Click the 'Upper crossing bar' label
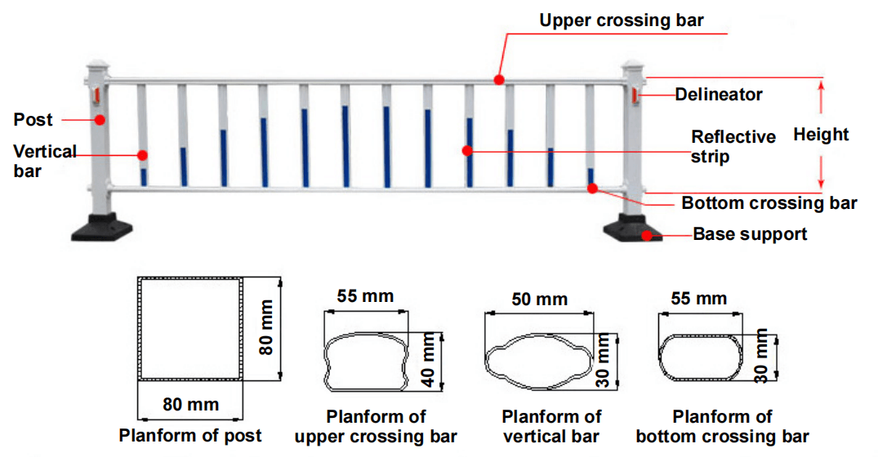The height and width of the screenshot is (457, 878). coord(621,20)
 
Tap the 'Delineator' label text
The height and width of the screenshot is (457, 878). coord(718,95)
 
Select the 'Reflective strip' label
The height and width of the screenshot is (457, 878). coord(733,146)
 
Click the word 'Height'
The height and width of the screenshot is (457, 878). coord(821,135)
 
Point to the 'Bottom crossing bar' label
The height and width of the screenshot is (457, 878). coord(769,203)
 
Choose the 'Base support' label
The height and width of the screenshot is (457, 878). coord(749,234)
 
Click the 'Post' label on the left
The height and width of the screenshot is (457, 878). coord(33,120)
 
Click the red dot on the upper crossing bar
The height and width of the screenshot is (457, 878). coord(498,80)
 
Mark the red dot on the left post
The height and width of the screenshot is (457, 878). coord(100,120)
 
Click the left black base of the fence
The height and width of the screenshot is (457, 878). coord(103,228)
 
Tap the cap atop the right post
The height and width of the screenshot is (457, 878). coord(634,65)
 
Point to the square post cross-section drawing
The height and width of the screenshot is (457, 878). coord(190,329)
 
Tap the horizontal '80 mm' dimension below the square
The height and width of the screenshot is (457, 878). coord(190,404)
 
